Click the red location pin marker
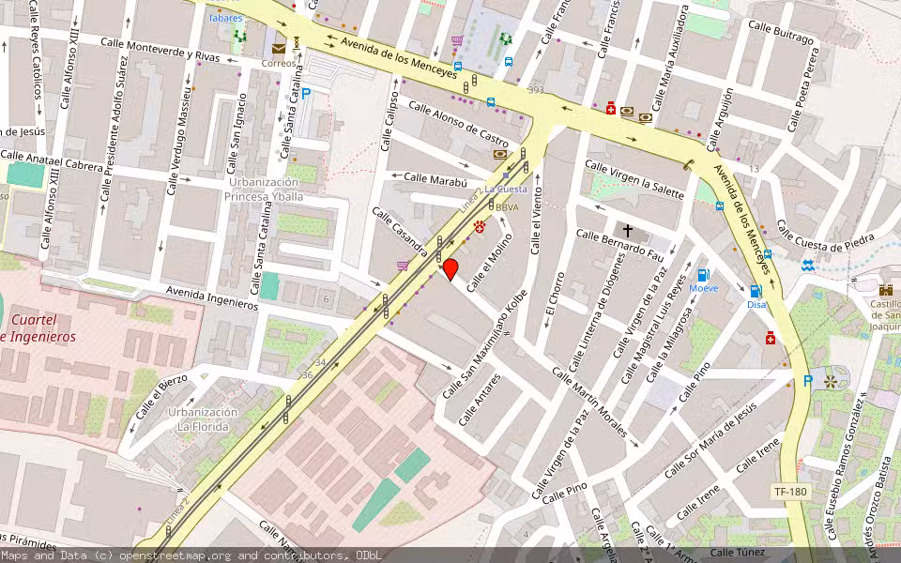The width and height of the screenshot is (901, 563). tap(450, 269)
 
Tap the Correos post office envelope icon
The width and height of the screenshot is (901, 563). tap(279, 49)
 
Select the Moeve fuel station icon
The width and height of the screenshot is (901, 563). tap(702, 275)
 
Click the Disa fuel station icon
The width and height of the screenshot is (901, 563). tap(756, 291)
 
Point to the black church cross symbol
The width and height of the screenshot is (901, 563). tap(628, 230)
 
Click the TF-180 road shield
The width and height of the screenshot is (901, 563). tap(789, 492)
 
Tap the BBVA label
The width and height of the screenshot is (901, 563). tap(507, 207)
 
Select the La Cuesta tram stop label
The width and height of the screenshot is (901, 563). tap(512, 189)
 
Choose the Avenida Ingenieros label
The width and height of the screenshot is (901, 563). tap(211, 298)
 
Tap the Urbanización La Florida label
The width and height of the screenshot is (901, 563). tap(202, 418)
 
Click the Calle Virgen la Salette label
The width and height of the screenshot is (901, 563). tap(634, 178)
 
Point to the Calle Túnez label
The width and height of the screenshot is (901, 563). tap(738, 553)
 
